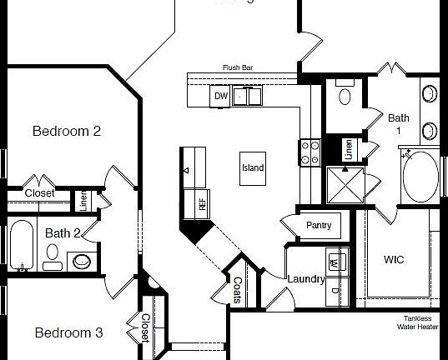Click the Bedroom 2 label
(x=67, y=131)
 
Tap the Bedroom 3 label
(x=68, y=332)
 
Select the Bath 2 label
(x=63, y=233)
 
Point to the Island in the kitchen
(x=253, y=167)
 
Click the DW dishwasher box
(x=221, y=97)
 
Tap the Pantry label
(x=319, y=225)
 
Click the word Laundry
(x=305, y=279)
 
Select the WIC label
(x=394, y=260)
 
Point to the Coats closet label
(x=237, y=288)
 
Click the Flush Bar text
(x=237, y=67)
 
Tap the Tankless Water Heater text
(x=417, y=322)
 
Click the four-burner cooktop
(x=310, y=152)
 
